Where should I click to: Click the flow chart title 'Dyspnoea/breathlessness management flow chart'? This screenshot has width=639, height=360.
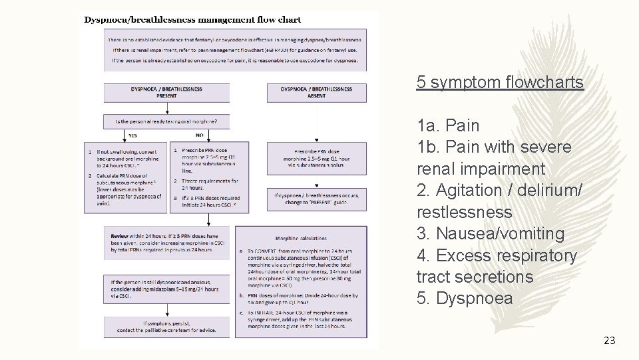(192, 20)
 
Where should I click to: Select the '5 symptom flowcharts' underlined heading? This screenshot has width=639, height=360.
(500, 82)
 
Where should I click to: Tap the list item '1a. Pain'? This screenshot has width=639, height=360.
(448, 125)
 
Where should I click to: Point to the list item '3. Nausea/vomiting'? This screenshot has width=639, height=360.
(491, 234)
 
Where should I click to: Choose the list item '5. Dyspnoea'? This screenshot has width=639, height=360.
(465, 298)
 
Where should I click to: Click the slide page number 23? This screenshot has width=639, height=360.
(609, 341)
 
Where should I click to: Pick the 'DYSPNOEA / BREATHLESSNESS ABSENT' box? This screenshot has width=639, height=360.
(317, 92)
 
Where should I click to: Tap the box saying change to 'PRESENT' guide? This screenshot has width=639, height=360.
(317, 199)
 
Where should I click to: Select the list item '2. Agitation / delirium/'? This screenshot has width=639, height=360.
(499, 190)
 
